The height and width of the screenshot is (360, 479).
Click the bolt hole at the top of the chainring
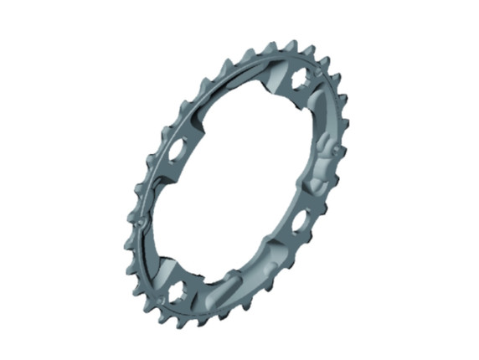pos(298,84)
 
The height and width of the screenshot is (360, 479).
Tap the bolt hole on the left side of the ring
pos(177,152)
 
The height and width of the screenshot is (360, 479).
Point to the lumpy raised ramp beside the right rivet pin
pos(322,163)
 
